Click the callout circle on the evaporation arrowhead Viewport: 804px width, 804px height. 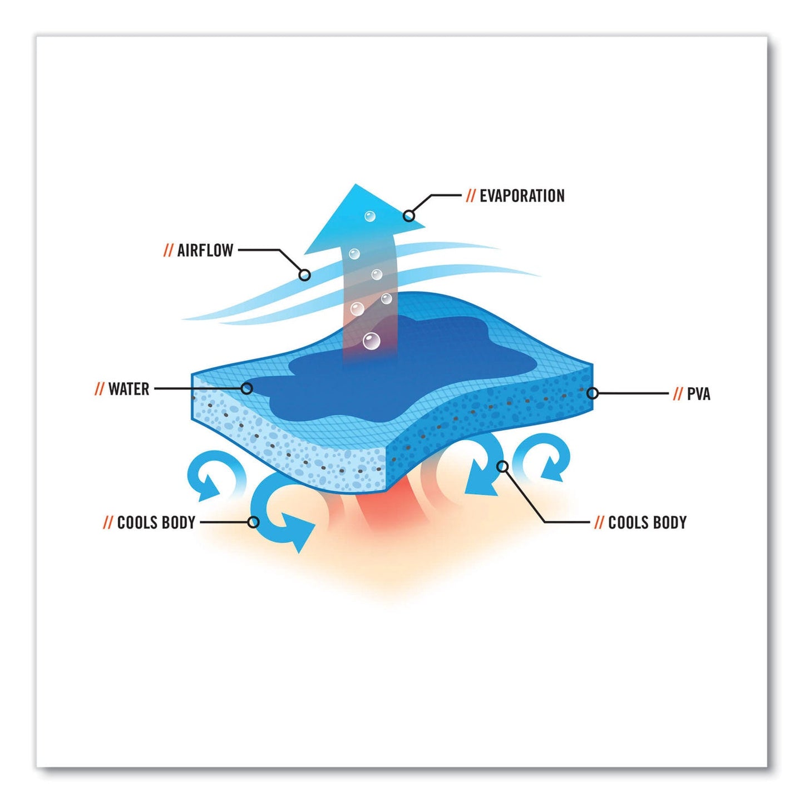point(410,216)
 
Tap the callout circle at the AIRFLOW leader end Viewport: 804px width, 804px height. point(305,274)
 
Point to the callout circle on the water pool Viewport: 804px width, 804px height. point(247,389)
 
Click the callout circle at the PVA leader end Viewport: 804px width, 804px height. point(593,393)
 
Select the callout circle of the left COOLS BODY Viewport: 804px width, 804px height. point(253,522)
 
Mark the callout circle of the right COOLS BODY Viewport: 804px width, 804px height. point(504,466)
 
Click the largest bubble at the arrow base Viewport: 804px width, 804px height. point(371,341)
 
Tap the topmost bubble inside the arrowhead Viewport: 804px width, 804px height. point(369,216)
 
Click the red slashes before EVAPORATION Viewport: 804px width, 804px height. point(471,196)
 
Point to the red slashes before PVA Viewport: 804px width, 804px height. point(678,394)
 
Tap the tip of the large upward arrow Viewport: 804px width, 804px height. point(356,184)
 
